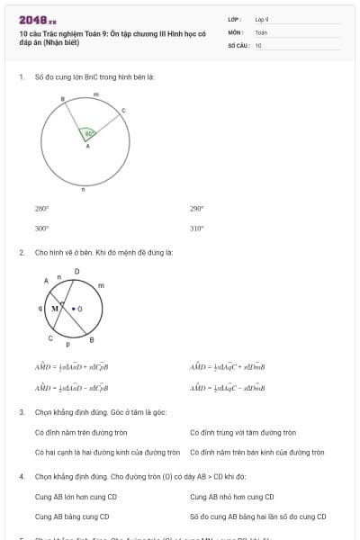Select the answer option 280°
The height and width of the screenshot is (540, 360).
(x=41, y=208)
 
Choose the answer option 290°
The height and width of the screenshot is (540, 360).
(x=196, y=208)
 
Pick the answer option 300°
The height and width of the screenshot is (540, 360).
(x=41, y=228)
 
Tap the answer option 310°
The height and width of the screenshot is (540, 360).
(x=196, y=228)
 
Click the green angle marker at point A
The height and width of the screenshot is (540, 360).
(x=87, y=134)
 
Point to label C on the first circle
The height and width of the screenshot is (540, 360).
(x=123, y=110)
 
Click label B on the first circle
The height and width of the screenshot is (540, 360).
(x=62, y=99)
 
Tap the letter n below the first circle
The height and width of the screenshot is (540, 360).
(x=84, y=190)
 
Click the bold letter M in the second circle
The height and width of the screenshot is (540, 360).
(x=55, y=308)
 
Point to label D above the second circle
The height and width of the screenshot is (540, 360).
(x=76, y=271)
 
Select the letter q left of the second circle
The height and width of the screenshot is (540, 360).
(x=40, y=307)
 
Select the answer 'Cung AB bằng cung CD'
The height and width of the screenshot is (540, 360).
(x=72, y=517)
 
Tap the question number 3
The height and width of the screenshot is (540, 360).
(x=21, y=412)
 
